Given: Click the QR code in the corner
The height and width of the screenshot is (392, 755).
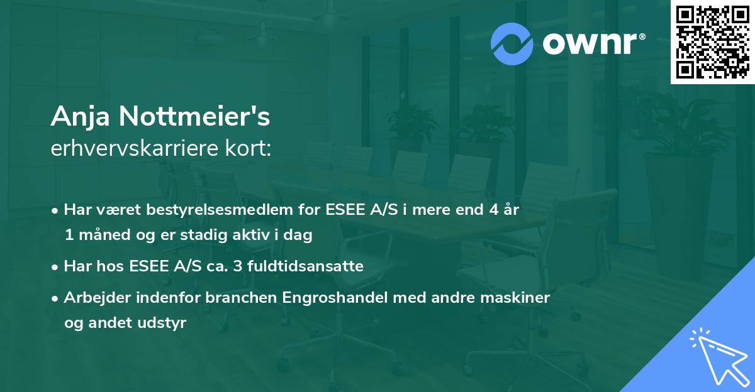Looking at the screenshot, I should tap(713, 41).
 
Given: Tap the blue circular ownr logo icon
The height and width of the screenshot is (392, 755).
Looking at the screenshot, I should tap(512, 44).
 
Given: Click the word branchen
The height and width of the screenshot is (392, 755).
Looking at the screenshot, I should tap(236, 297).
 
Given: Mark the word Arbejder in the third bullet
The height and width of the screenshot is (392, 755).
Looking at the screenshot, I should tap(94, 297).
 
